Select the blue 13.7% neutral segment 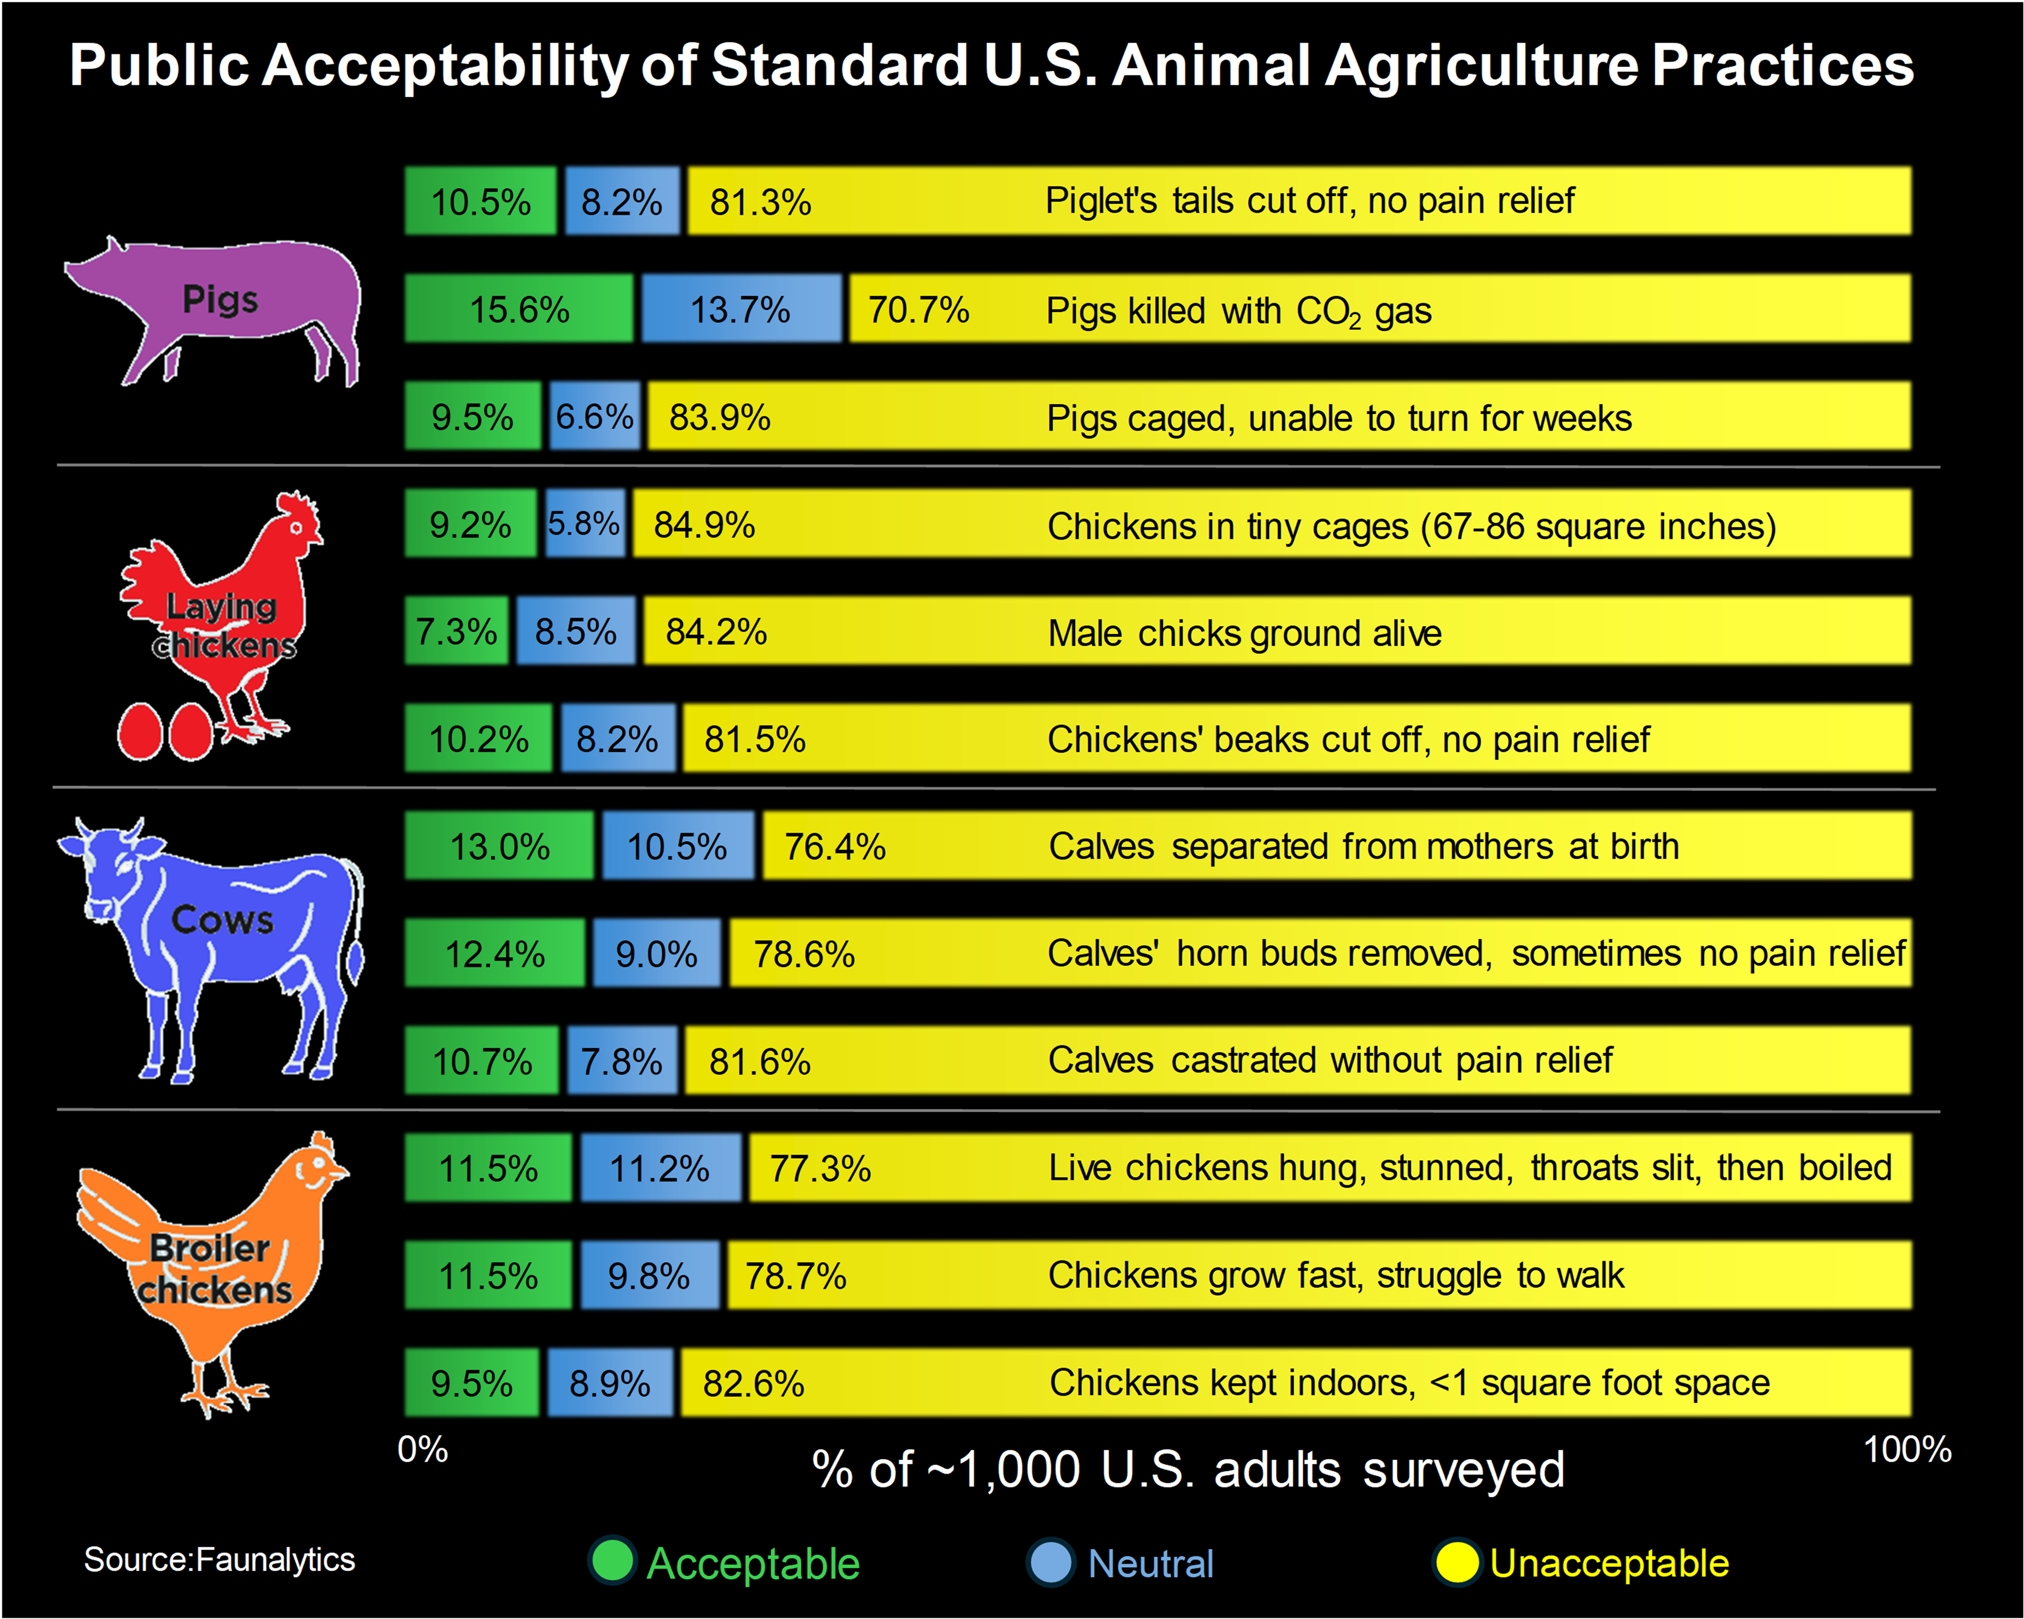[741, 309]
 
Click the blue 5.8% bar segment [585, 523]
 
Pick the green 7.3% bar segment [456, 631]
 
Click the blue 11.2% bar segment [660, 1168]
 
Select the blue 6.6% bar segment [594, 416]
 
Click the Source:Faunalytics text [219, 1559]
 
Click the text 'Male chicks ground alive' [1244, 633]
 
